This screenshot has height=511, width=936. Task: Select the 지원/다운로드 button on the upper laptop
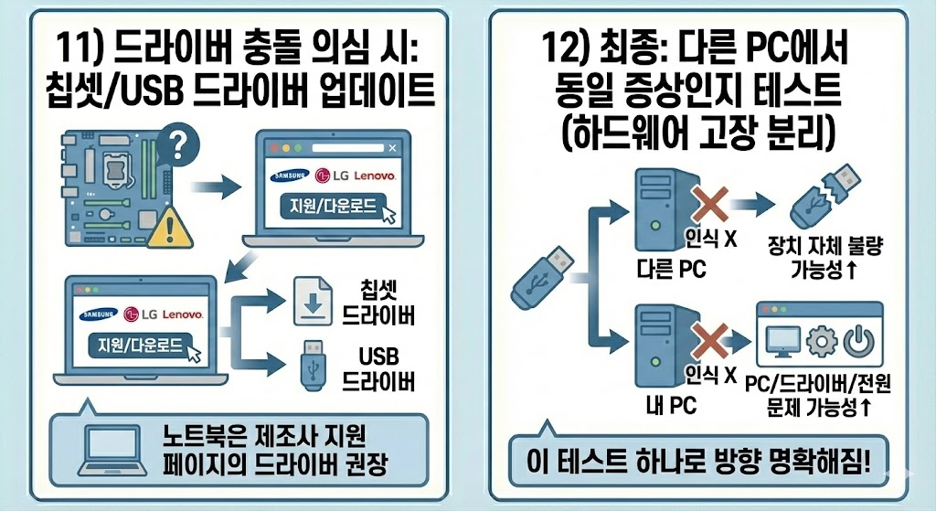(321, 207)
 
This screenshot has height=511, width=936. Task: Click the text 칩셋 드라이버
(378, 303)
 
